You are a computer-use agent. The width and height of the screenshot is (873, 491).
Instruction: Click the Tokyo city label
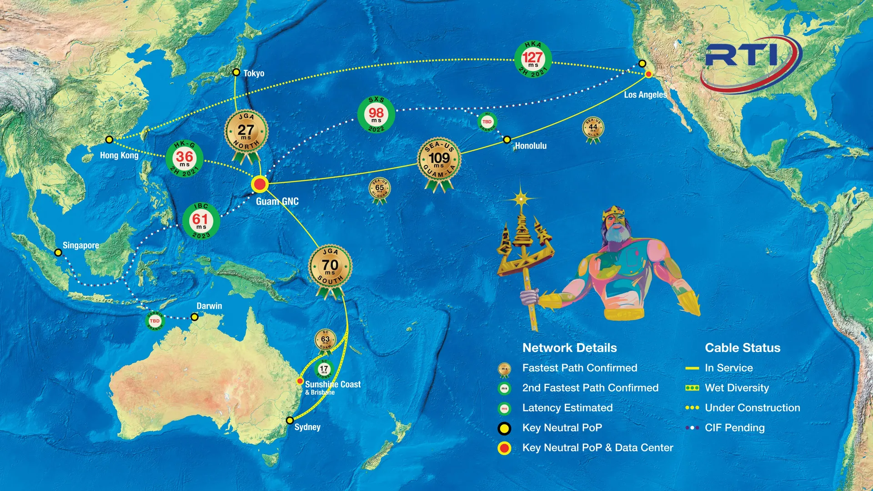254,73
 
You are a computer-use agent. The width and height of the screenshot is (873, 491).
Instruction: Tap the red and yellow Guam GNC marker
260,184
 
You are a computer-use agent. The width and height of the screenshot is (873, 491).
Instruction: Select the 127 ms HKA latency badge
533,60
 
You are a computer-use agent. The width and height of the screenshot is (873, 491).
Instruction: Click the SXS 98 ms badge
376,115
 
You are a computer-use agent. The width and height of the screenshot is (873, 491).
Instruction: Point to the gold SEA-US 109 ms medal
439,160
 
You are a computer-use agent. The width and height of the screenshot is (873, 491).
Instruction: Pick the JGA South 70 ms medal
330,267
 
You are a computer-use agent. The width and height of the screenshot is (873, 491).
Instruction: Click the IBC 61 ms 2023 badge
201,221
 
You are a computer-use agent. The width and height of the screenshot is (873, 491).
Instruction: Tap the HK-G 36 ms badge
184,159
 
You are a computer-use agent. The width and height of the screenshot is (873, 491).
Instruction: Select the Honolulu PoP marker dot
507,140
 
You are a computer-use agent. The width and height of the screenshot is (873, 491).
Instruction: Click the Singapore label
80,245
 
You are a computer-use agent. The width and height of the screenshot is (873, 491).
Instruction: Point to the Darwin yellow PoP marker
194,317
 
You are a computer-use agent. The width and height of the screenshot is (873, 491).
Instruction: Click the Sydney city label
307,427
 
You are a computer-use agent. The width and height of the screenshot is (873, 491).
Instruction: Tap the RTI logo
750,59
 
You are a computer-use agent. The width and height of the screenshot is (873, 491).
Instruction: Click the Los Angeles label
645,95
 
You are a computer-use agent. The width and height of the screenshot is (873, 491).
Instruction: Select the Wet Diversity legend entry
736,388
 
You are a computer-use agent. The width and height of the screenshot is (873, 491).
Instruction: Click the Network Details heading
569,348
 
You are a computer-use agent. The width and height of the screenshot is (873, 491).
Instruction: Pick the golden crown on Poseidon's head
613,212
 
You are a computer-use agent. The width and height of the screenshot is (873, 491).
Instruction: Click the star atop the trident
521,199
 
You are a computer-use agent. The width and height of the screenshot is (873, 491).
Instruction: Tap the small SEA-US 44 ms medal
593,129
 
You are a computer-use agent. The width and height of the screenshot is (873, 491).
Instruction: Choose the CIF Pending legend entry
734,428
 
